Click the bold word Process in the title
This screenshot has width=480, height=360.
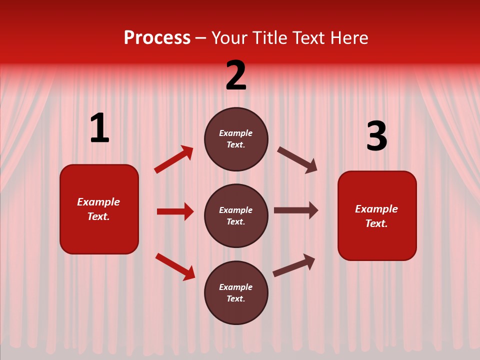pyautogui.click(x=157, y=38)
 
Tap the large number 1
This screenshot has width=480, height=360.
pyautogui.click(x=99, y=128)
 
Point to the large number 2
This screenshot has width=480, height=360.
pyautogui.click(x=236, y=75)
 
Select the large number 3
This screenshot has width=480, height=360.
pyautogui.click(x=377, y=136)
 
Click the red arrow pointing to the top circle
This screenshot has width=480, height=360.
pyautogui.click(x=173, y=159)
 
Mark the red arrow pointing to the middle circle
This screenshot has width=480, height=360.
pyautogui.click(x=175, y=211)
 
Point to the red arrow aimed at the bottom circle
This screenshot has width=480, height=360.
pyautogui.click(x=175, y=266)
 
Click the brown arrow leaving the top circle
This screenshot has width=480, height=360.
pyautogui.click(x=297, y=159)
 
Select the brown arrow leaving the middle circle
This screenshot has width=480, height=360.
pyautogui.click(x=296, y=210)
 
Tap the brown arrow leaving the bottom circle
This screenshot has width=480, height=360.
pyautogui.click(x=294, y=265)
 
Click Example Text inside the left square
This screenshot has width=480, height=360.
pyautogui.click(x=98, y=209)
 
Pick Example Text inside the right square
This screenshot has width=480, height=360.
pyautogui.click(x=376, y=216)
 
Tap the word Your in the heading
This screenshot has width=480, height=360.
pyautogui.click(x=229, y=38)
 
